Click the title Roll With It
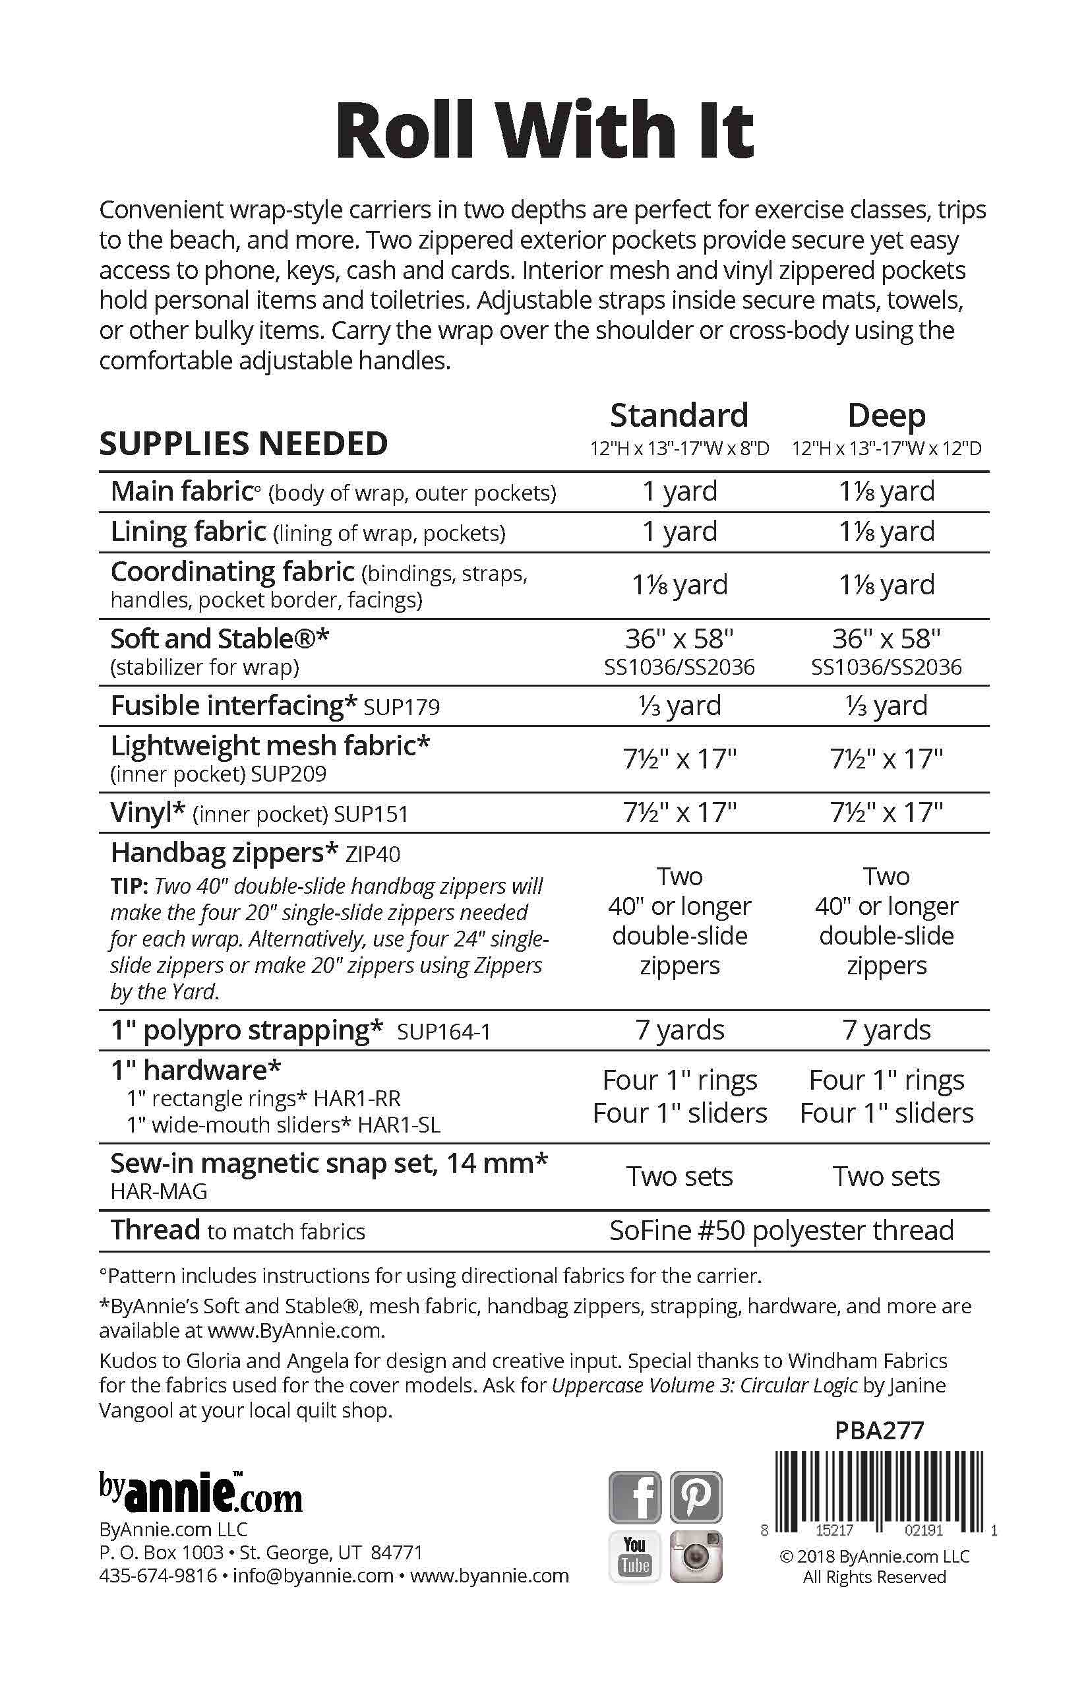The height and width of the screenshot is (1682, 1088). pyautogui.click(x=544, y=131)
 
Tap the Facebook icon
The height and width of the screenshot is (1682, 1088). pyautogui.click(x=634, y=1496)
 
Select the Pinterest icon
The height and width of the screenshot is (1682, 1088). pyautogui.click(x=696, y=1496)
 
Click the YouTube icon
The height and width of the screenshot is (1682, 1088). pyautogui.click(x=634, y=1557)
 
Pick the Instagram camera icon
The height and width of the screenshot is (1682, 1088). pyautogui.click(x=696, y=1557)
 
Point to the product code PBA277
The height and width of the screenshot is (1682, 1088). pyautogui.click(x=879, y=1431)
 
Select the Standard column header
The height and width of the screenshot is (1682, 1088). pyautogui.click(x=679, y=416)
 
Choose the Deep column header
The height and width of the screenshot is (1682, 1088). pyautogui.click(x=887, y=416)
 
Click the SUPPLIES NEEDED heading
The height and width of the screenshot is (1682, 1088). pyautogui.click(x=243, y=444)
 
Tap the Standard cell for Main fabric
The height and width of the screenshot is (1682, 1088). pyautogui.click(x=679, y=491)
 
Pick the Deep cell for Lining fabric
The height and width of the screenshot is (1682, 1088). pyautogui.click(x=887, y=532)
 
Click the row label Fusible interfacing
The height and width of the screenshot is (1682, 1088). pyautogui.click(x=234, y=706)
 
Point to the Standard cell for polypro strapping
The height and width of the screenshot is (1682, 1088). pyautogui.click(x=679, y=1030)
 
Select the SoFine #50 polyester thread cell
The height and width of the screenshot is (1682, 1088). pyautogui.click(x=781, y=1230)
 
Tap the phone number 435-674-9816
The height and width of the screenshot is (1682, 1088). pyautogui.click(x=158, y=1576)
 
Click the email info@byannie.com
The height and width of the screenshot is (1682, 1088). pyautogui.click(x=313, y=1576)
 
